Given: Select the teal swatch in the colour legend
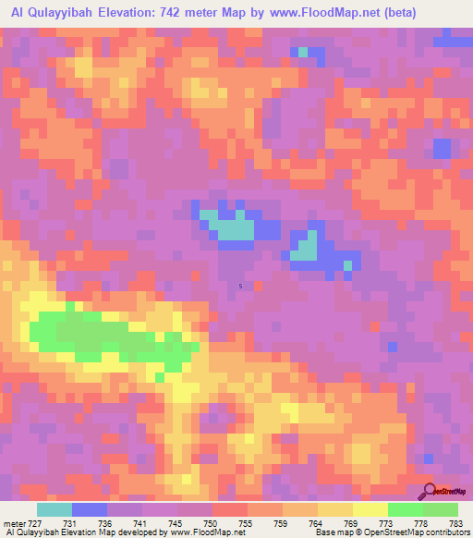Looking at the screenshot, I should (x=55, y=508).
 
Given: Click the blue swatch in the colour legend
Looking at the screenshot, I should (x=90, y=508).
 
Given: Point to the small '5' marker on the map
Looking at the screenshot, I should (x=241, y=286).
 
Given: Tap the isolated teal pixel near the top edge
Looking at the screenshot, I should (x=302, y=52).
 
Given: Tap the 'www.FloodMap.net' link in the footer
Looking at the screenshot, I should (x=201, y=533).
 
